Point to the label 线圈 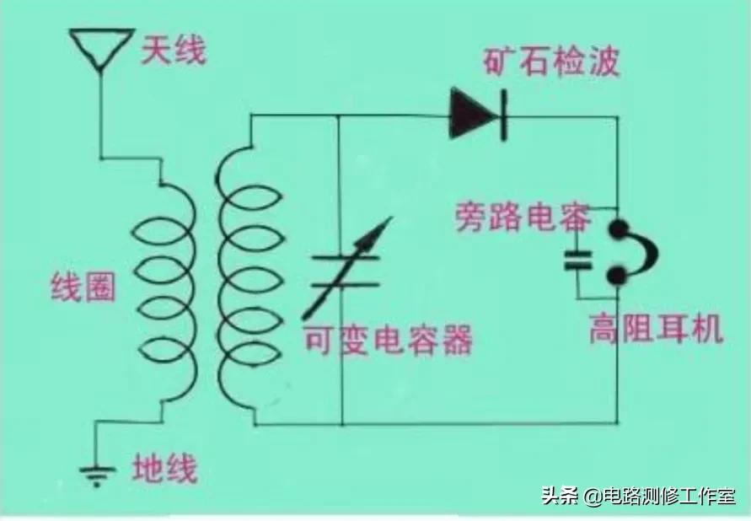click(82, 288)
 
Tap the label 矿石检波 click(551, 62)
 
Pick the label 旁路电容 click(523, 218)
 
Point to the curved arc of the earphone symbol click(650, 252)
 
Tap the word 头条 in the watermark click(560, 497)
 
